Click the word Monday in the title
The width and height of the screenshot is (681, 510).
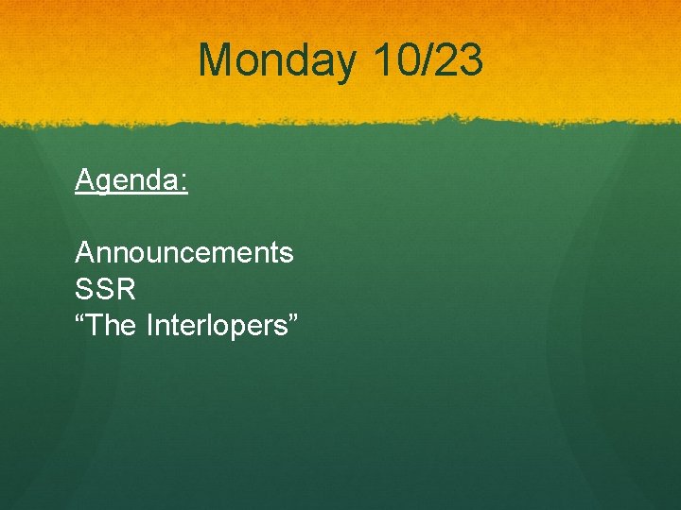pyautogui.click(x=276, y=61)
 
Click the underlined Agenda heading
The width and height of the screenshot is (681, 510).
pyautogui.click(x=131, y=179)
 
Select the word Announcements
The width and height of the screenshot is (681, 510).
pyautogui.click(x=184, y=253)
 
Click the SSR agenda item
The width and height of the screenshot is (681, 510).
pyautogui.click(x=105, y=289)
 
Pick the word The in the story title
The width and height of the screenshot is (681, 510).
pyautogui.click(x=113, y=326)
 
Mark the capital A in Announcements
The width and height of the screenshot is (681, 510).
pyautogui.click(x=84, y=253)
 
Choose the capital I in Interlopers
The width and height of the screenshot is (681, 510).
pyautogui.click(x=150, y=326)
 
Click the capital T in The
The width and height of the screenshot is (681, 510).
pyautogui.click(x=95, y=326)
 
